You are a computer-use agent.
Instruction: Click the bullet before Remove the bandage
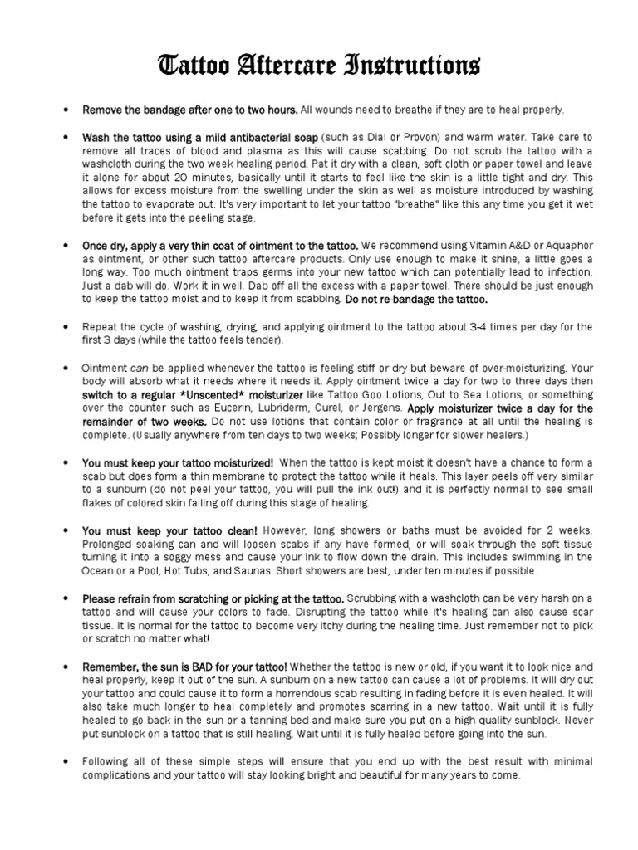(x=64, y=110)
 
